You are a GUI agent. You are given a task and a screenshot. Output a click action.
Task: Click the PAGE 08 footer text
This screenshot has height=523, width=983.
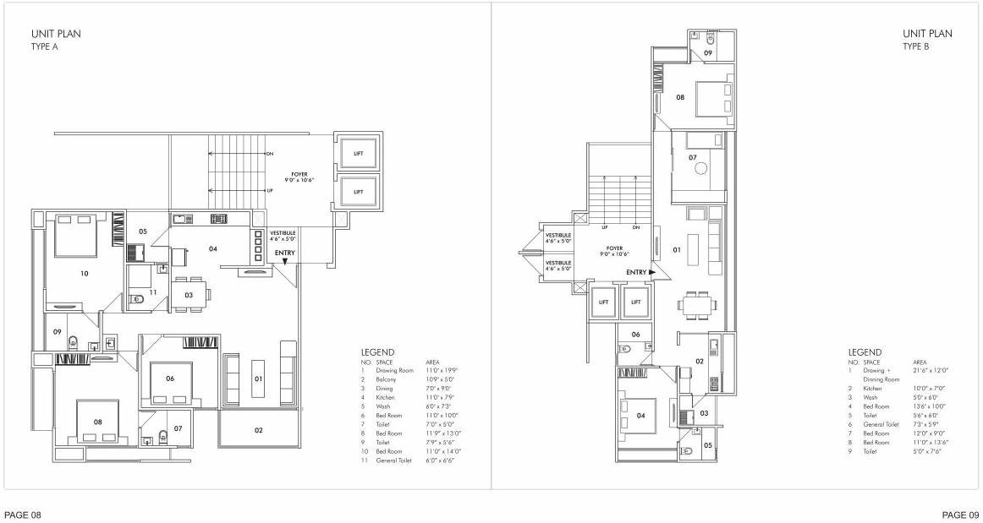pos(22,514)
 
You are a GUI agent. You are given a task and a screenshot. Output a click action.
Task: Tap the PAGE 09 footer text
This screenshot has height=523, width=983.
pos(961,514)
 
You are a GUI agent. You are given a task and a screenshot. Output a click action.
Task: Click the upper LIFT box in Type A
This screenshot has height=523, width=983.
pos(359,153)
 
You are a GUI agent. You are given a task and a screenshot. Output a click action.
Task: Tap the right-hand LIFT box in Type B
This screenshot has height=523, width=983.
pos(635,302)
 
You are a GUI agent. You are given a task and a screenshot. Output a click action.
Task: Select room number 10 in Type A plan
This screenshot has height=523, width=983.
pos(84,274)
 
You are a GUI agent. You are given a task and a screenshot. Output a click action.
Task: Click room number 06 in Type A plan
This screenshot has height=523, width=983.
pos(170,379)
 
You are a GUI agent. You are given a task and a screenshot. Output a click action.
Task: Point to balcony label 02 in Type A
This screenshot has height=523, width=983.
pos(259,430)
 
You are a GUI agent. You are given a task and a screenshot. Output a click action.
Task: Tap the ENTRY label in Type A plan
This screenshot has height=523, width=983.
pos(285,252)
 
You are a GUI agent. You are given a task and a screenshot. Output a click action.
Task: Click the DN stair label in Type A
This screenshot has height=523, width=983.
pos(270,155)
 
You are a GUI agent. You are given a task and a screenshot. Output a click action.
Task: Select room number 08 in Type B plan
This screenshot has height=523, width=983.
pos(679,98)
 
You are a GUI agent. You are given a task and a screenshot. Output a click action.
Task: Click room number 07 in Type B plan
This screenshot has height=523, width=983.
pos(692,158)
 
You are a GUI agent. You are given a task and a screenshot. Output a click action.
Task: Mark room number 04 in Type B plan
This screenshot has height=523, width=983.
pos(640,415)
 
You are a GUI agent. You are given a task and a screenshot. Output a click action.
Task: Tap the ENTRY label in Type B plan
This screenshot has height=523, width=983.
pos(637,272)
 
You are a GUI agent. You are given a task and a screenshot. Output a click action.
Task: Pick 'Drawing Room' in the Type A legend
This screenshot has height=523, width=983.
pos(394,370)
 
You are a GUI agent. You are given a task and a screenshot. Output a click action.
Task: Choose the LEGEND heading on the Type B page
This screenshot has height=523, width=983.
pos(865,352)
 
